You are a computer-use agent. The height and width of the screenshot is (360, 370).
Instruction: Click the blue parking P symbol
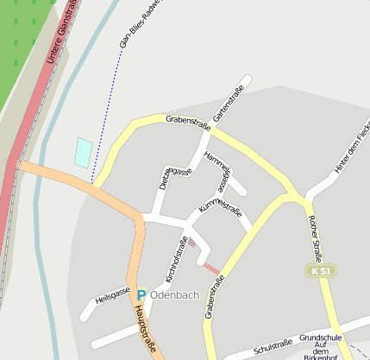click(x=141, y=295)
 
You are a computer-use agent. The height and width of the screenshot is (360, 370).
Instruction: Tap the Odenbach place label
click(x=175, y=295)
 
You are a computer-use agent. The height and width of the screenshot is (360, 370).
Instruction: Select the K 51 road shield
click(x=319, y=271)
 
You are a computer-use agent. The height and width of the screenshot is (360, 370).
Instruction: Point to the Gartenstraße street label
click(x=229, y=103)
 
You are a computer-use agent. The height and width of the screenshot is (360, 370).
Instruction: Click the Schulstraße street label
click(x=274, y=346)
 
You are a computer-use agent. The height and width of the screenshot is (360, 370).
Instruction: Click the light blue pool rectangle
click(x=83, y=152)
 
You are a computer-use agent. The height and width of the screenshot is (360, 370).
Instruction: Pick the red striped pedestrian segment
click(x=211, y=268)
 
